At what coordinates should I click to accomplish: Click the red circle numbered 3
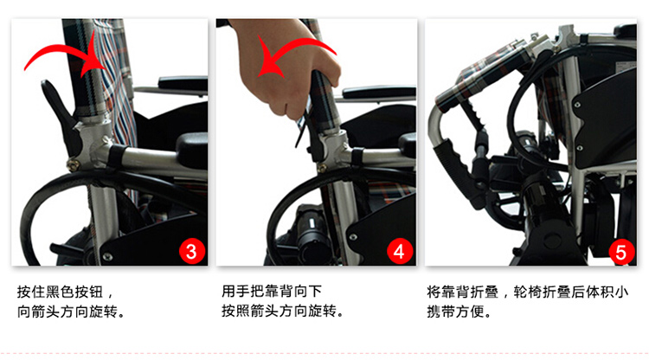click(x=191, y=251)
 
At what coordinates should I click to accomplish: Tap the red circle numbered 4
click(x=400, y=251)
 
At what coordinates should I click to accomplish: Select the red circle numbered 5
click(x=621, y=252)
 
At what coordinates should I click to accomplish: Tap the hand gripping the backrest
click(x=286, y=67)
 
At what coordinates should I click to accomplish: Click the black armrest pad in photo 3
click(x=183, y=83)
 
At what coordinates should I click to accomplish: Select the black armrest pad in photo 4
click(x=379, y=93)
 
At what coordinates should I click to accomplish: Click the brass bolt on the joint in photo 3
click(x=74, y=165)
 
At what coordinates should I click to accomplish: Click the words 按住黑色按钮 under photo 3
click(x=60, y=292)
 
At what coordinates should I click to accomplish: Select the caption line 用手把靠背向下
click(x=272, y=291)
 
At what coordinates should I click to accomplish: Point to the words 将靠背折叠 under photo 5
click(x=462, y=292)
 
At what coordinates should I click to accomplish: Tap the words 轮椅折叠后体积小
click(x=571, y=292)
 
